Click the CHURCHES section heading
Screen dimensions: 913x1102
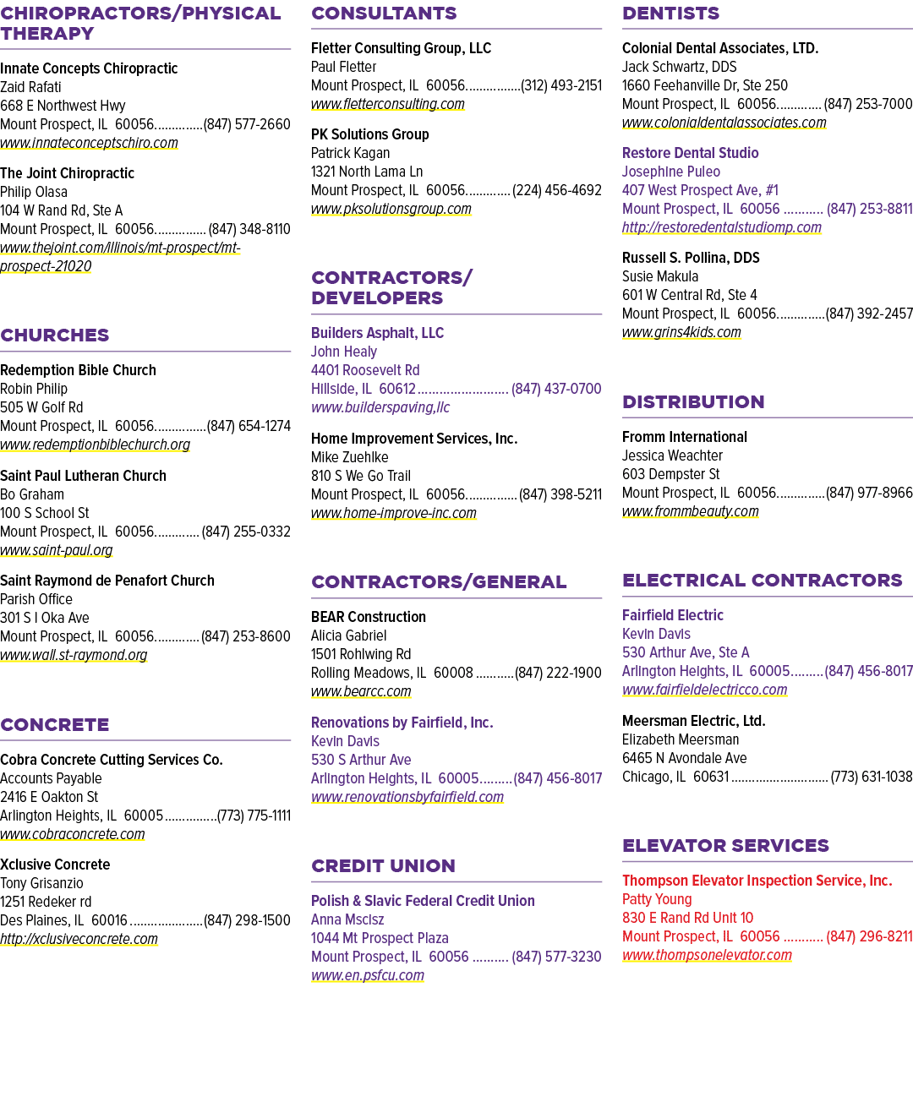54,336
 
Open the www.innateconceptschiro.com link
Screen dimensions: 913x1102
89,143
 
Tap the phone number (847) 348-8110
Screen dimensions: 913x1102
249,229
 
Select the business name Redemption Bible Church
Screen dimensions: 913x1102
78,370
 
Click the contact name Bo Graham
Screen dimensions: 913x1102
31,494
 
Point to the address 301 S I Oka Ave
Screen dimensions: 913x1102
44,618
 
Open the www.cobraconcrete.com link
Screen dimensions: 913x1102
73,834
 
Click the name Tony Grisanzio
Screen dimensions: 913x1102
41,883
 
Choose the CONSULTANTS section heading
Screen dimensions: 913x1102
384,14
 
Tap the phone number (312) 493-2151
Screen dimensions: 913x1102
561,85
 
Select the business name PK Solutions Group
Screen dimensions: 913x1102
369,134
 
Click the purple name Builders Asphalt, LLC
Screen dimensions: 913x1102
377,333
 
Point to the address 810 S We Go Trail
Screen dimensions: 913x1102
361,476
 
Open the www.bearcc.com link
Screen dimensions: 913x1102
361,691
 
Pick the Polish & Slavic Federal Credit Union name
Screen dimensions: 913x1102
423,901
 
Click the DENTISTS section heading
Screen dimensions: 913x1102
670,14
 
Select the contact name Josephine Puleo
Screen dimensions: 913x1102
670,172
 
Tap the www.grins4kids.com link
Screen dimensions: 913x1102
681,332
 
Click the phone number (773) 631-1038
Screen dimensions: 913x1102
872,777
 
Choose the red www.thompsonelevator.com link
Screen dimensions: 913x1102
707,955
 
